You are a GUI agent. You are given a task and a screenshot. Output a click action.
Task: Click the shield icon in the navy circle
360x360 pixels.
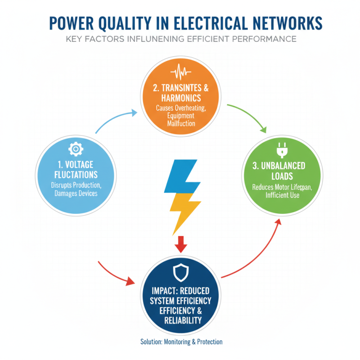pos(180,271)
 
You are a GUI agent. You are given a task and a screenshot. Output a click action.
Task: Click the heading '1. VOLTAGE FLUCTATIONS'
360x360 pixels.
pos(75,169)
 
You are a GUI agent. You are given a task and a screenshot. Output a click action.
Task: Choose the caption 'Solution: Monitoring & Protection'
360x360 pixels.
pos(181,342)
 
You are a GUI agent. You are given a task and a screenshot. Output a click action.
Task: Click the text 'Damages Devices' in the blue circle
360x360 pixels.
pos(75,193)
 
